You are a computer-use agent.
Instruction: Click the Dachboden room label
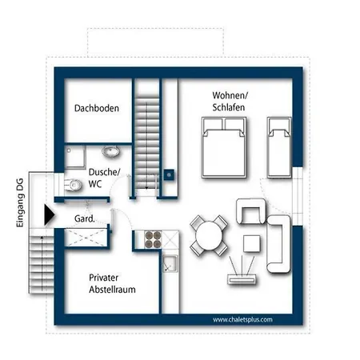(97, 108)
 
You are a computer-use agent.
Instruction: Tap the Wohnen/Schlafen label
(230, 102)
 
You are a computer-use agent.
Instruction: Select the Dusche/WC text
(104, 178)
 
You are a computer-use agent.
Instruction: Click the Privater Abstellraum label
(112, 283)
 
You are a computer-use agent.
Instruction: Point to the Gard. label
(85, 218)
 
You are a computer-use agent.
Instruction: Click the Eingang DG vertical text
(20, 202)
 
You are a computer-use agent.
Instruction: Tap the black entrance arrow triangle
(50, 214)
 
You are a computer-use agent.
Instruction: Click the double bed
(224, 147)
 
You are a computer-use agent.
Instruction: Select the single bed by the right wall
(279, 147)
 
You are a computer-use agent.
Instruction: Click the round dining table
(209, 236)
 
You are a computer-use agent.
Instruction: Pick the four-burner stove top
(153, 239)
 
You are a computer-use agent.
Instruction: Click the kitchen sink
(170, 263)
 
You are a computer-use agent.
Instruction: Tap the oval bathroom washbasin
(110, 152)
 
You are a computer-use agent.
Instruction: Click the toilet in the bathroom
(73, 185)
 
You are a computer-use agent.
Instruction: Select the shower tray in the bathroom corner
(75, 157)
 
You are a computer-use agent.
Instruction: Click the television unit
(242, 279)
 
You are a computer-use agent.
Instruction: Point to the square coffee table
(252, 243)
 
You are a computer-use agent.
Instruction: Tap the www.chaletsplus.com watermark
(242, 320)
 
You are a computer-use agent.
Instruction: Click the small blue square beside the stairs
(169, 175)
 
